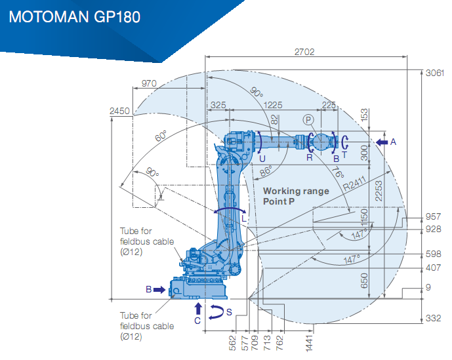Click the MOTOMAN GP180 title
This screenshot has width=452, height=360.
pyautogui.click(x=75, y=16)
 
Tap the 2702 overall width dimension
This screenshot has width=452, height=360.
pyautogui.click(x=304, y=52)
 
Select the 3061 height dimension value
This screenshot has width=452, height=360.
pyautogui.click(x=435, y=73)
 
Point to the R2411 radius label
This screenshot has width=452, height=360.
pyautogui.click(x=354, y=184)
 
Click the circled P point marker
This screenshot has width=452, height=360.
pyautogui.click(x=308, y=120)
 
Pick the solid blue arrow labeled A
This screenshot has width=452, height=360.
pyautogui.click(x=382, y=142)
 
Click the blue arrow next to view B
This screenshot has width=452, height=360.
pyautogui.click(x=159, y=290)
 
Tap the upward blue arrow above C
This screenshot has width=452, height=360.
pyautogui.click(x=198, y=309)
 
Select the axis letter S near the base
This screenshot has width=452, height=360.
pyautogui.click(x=229, y=312)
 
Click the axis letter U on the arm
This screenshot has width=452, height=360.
pyautogui.click(x=262, y=159)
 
